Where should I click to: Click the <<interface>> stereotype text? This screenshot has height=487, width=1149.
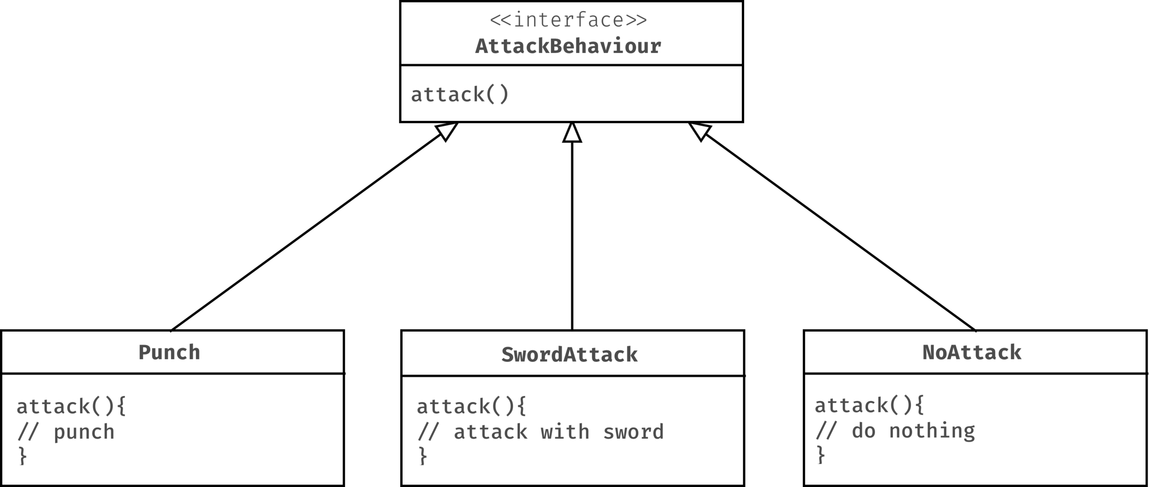click(x=568, y=20)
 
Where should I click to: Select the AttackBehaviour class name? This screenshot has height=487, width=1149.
click(x=568, y=46)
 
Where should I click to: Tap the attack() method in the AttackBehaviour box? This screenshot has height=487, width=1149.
click(x=460, y=95)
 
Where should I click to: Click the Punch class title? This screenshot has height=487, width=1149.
click(x=169, y=353)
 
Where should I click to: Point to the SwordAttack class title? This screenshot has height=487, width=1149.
click(x=569, y=355)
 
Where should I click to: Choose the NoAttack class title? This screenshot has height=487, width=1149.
click(x=972, y=353)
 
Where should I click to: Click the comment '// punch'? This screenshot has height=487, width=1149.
click(x=66, y=432)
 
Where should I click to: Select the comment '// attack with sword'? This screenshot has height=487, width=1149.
click(x=540, y=432)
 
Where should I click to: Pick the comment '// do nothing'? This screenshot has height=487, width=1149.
click(x=895, y=431)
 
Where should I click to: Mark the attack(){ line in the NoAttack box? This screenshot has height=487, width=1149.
click(x=869, y=406)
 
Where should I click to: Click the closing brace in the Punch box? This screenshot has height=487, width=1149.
click(x=23, y=457)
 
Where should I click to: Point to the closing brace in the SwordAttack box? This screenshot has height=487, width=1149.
click(x=423, y=457)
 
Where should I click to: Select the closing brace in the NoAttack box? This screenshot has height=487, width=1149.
click(x=821, y=455)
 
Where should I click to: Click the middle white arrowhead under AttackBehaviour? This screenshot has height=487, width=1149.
click(x=572, y=133)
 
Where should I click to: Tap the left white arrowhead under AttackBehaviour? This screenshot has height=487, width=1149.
click(x=446, y=132)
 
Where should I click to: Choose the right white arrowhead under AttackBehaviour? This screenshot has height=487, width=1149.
click(x=700, y=132)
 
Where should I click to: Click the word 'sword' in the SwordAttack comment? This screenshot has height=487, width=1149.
click(x=633, y=432)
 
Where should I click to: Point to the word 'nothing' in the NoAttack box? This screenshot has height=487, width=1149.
click(x=932, y=431)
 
